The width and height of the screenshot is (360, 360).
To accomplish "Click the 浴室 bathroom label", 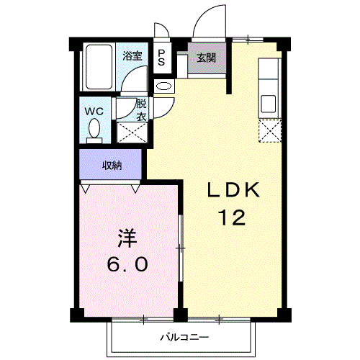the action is (132, 56).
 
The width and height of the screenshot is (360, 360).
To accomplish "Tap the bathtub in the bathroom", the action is (99, 67).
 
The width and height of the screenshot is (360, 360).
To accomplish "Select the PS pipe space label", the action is (161, 58).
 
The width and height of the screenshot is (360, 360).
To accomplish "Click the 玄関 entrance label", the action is (207, 58).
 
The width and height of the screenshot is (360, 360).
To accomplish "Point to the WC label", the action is (95, 111).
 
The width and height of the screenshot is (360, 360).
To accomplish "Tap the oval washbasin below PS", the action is (164, 86).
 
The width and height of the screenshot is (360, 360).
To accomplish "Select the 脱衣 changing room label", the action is (141, 110).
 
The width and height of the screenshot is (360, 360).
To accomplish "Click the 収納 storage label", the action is (112, 166).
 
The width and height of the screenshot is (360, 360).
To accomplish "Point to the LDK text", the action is (233, 189).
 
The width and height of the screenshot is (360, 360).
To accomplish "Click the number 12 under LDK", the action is (233, 217).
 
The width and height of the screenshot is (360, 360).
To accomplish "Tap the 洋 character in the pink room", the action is (127, 238).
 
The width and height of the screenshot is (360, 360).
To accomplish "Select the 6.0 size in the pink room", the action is (127, 264).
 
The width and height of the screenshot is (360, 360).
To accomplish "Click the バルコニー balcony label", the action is (184, 338).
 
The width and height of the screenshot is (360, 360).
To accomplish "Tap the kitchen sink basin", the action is (269, 104).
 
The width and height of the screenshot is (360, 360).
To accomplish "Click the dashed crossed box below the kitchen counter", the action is (270, 131).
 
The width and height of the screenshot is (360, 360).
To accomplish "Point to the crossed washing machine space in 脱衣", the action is (132, 132).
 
